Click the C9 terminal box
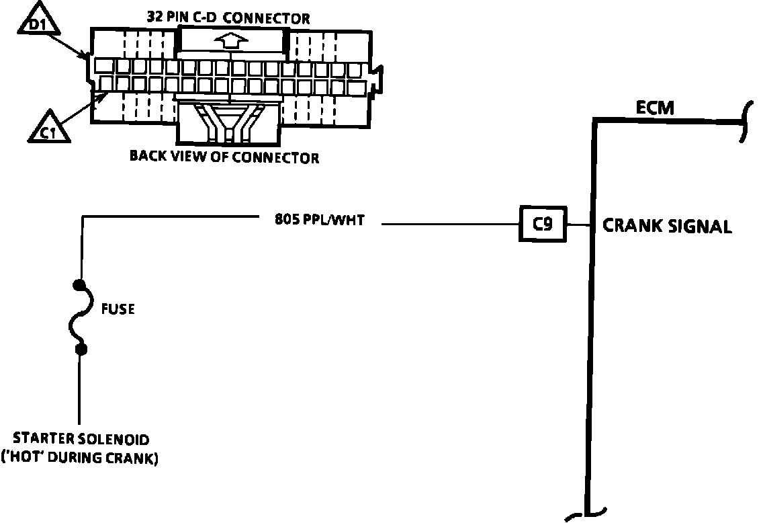click(x=543, y=224)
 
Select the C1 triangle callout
click(x=48, y=128)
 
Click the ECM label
click(x=656, y=108)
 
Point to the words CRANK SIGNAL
click(x=667, y=226)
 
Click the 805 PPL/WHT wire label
click(x=319, y=219)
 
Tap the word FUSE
click(x=118, y=309)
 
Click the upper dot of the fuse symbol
click(x=81, y=285)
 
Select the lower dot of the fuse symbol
click(x=81, y=349)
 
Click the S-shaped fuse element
click(x=77, y=317)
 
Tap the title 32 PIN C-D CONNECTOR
click(x=228, y=18)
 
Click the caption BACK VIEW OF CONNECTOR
click(x=224, y=157)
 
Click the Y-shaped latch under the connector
click(x=228, y=123)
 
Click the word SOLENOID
click(x=121, y=440)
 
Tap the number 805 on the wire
click(x=285, y=219)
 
